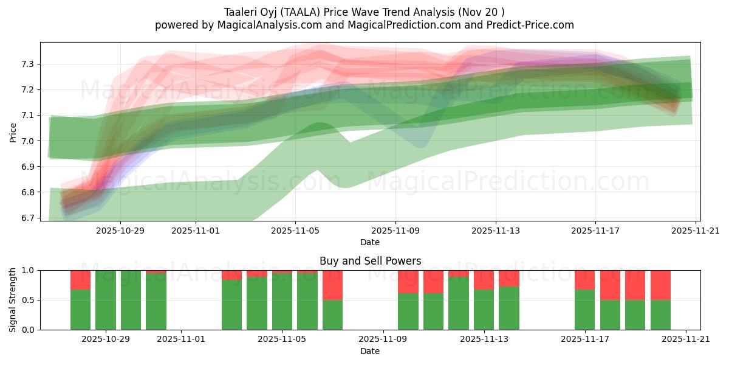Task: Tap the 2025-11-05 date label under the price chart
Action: pyautogui.click(x=296, y=231)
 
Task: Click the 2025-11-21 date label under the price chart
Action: pyautogui.click(x=696, y=231)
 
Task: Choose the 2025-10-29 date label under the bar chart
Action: pyautogui.click(x=106, y=339)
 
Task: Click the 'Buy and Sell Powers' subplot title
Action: pyautogui.click(x=370, y=261)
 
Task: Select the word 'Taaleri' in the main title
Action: pyautogui.click(x=242, y=12)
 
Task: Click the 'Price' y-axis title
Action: pyautogui.click(x=13, y=132)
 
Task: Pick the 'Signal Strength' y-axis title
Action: pyautogui.click(x=13, y=300)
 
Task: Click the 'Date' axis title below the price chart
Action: pyautogui.click(x=370, y=242)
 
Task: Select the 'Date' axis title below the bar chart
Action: pyautogui.click(x=370, y=351)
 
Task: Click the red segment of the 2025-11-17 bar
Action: pyautogui.click(x=584, y=280)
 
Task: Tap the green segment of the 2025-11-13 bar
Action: pyautogui.click(x=484, y=310)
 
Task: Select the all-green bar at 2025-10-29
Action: pyautogui.click(x=106, y=300)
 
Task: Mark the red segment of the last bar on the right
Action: pyautogui.click(x=660, y=285)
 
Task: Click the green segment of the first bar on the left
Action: pyautogui.click(x=80, y=310)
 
